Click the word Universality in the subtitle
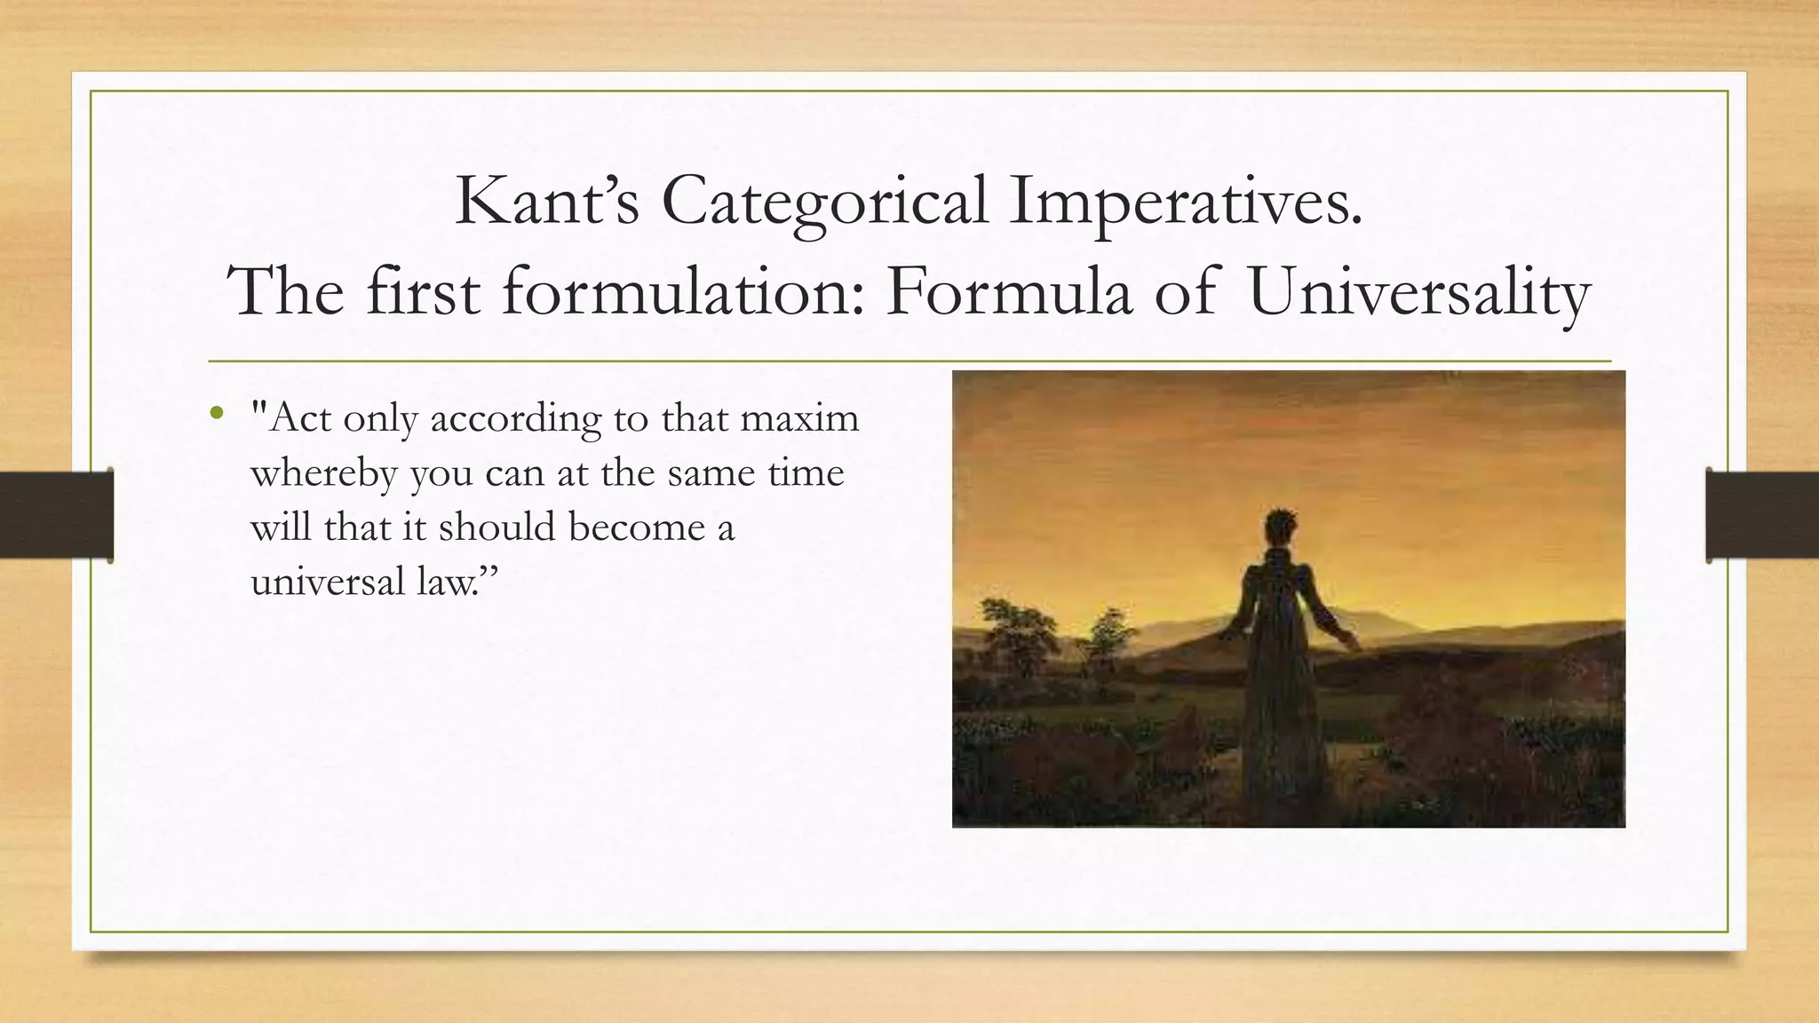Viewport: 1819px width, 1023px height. pos(1418,292)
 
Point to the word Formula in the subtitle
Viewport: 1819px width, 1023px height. pos(1008,292)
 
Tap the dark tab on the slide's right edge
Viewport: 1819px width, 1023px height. pos(1761,515)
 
